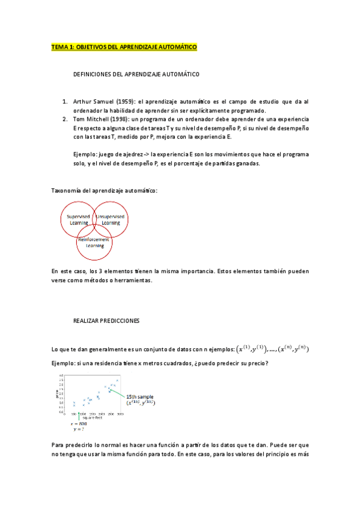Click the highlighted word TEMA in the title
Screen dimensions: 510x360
pos(60,48)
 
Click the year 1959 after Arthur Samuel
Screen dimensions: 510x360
pos(121,102)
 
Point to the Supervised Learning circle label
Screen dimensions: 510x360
pos(79,220)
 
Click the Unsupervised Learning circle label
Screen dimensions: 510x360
pos(111,220)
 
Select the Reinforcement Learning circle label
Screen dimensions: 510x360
pos(94,243)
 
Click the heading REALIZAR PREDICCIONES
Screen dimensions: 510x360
pos(106,321)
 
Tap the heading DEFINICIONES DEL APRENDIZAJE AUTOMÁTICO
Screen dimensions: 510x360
pos(136,75)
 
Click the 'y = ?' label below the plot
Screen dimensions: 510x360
pos(79,430)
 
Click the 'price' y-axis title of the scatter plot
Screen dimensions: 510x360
pos(55,394)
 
